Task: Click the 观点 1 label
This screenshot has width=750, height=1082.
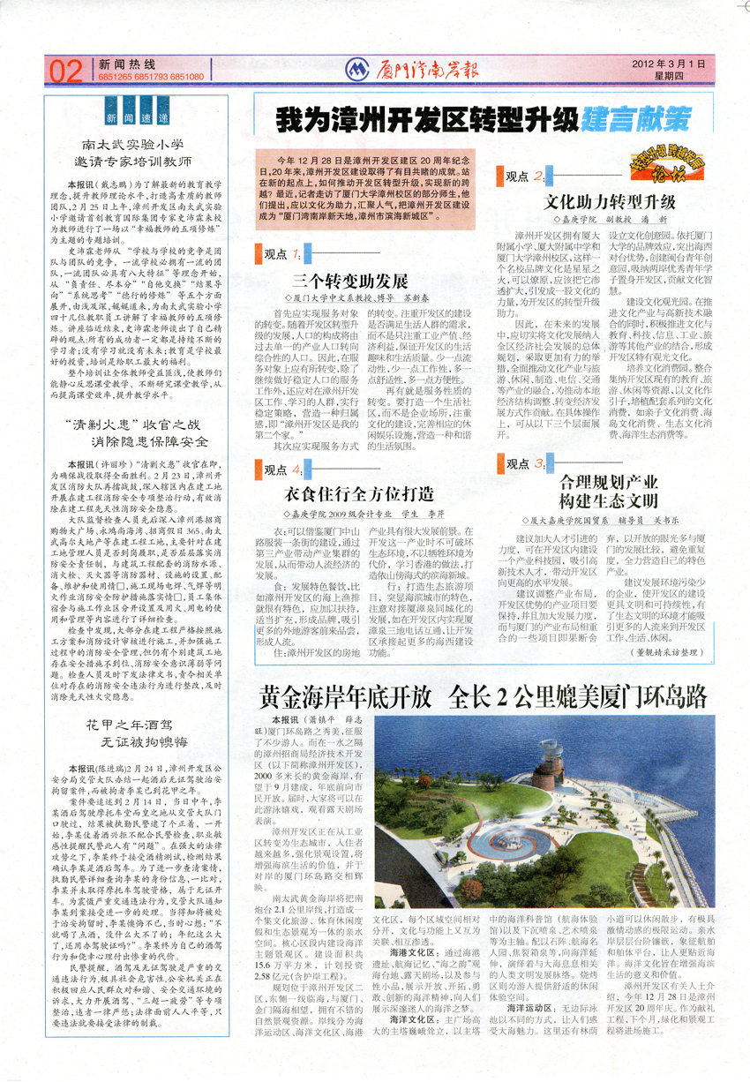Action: coord(282,254)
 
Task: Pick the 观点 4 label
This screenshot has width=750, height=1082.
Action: coord(282,469)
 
